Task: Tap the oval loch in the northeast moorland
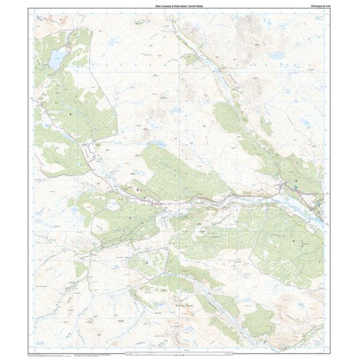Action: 306,121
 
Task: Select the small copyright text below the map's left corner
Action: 49,354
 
